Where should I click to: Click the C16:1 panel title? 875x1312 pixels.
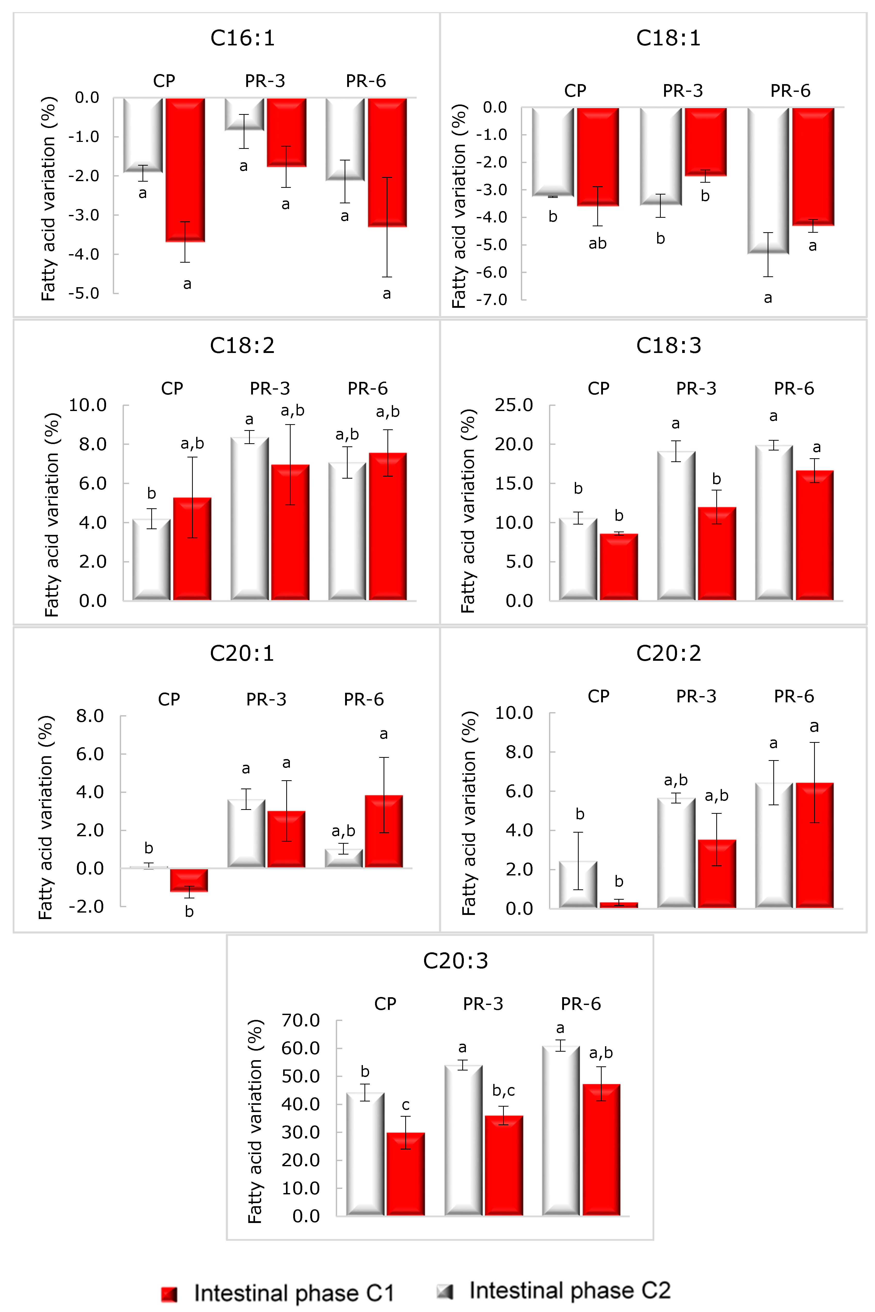click(x=242, y=38)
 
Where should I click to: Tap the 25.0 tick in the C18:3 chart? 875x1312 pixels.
click(x=514, y=405)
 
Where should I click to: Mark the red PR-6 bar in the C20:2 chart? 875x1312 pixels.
click(x=814, y=845)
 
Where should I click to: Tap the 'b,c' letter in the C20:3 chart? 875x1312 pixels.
click(x=503, y=1091)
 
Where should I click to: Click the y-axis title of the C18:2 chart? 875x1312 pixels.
click(x=52, y=514)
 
